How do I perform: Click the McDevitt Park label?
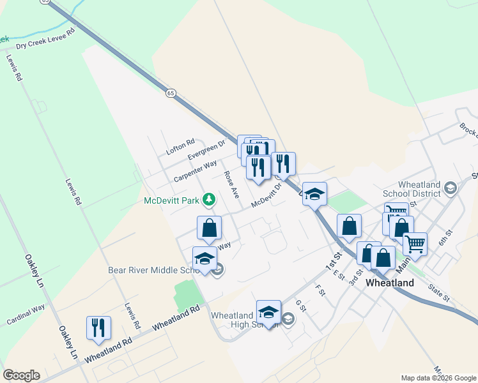coord(171,200)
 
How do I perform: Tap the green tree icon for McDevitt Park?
coord(208,200)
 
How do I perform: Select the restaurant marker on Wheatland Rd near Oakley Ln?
coord(98,328)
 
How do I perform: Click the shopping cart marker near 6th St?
coord(415,243)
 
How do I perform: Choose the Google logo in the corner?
coord(21,375)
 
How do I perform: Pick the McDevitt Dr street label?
coord(266,196)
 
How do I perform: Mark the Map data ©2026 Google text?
coord(438,378)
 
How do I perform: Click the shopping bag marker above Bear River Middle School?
coord(209,228)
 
